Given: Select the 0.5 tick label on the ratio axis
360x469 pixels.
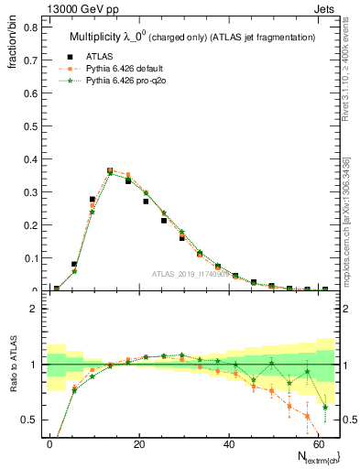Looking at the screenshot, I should coord(28,420).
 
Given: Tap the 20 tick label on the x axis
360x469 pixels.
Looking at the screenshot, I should coord(137,442).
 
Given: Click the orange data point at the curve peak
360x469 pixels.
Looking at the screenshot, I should coord(110,170).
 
